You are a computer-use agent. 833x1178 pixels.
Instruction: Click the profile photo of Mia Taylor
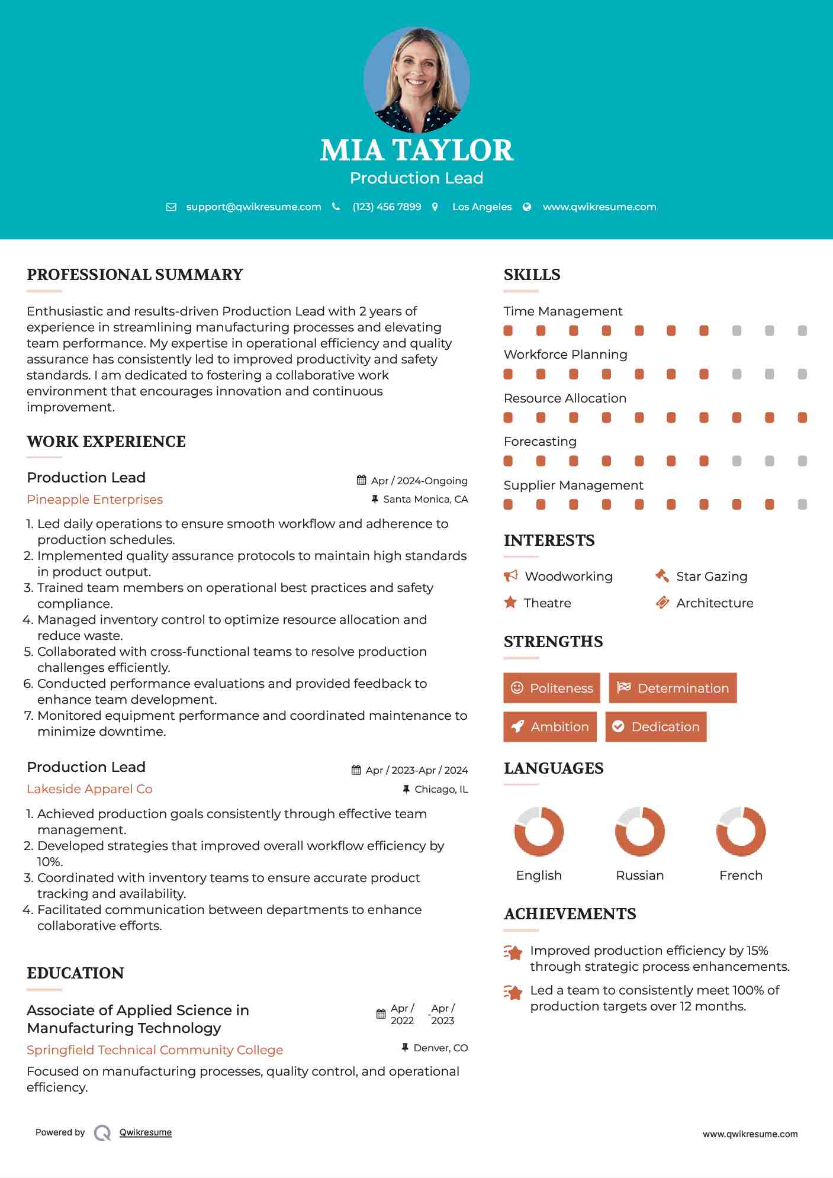click(416, 79)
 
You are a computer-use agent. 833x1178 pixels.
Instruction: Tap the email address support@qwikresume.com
click(253, 207)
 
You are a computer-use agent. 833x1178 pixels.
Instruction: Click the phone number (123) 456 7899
click(387, 207)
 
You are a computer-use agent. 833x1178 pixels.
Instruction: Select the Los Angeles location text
click(481, 207)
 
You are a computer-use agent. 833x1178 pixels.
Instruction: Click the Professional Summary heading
click(135, 275)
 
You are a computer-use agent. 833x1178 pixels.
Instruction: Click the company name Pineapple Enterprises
click(95, 500)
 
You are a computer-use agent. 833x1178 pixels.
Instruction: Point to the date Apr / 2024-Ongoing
click(419, 481)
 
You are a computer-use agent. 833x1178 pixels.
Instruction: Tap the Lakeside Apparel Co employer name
click(89, 789)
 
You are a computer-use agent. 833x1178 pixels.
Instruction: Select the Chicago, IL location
click(441, 789)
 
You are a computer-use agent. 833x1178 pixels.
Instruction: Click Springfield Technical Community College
click(155, 1050)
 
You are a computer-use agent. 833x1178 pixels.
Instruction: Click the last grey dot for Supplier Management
click(802, 504)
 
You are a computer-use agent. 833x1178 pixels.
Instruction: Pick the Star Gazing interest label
click(712, 577)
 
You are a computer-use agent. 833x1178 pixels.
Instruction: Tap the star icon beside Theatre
click(510, 603)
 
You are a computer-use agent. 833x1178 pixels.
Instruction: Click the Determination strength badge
click(673, 688)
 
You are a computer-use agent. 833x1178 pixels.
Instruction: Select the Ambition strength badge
click(550, 726)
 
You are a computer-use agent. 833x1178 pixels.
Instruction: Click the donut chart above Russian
click(640, 831)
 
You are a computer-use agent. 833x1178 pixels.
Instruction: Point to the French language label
click(741, 875)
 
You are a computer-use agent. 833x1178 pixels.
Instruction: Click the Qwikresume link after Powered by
click(146, 1132)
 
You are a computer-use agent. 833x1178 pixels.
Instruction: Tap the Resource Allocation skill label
click(565, 398)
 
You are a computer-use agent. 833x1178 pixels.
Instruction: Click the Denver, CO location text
click(440, 1048)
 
